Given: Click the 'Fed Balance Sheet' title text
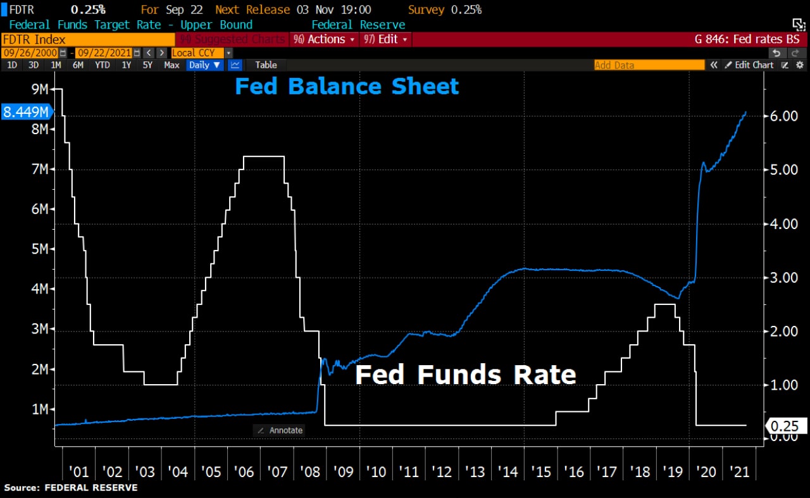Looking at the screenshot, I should coord(347,87).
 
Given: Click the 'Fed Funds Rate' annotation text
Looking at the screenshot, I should coord(466,375).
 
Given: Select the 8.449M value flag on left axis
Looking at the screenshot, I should coord(27,113).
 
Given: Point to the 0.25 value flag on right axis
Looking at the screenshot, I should coord(786,426).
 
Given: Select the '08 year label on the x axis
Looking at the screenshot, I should coord(309,471).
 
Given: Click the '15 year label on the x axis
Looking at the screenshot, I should coord(540,471).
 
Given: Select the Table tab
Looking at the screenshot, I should coord(266,65).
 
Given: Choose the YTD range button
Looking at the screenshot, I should coord(102,65).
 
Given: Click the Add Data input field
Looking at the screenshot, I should coord(649,65).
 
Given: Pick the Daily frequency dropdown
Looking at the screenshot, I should coord(205,65).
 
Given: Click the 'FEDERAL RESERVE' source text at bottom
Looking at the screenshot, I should coord(90,488).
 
